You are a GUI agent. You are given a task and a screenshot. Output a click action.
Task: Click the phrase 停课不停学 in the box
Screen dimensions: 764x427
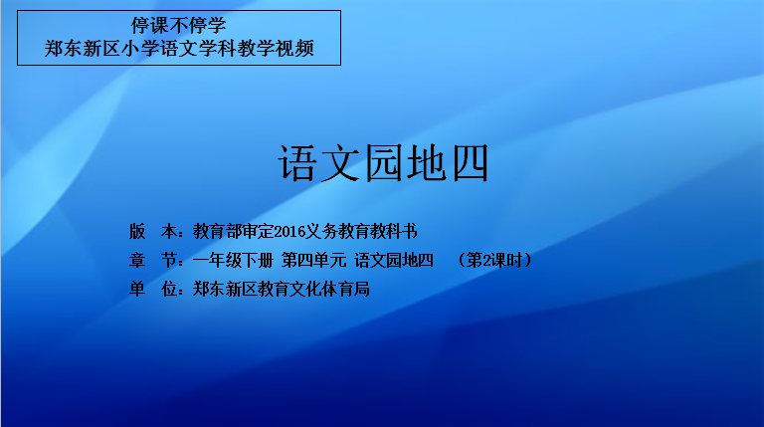[179, 25]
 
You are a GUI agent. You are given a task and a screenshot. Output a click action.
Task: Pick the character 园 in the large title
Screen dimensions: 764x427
[383, 163]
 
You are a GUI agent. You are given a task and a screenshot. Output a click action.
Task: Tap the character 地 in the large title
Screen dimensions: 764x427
[427, 163]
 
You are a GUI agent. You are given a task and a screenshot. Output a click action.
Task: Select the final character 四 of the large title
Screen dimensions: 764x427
[471, 163]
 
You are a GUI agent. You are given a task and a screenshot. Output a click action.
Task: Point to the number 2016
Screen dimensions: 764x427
[289, 232]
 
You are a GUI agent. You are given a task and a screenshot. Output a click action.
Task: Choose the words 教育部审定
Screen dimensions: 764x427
[234, 231]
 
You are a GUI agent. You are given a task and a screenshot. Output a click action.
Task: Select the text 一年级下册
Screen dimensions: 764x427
[233, 261]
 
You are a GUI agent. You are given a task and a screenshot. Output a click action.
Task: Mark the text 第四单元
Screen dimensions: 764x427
[313, 261]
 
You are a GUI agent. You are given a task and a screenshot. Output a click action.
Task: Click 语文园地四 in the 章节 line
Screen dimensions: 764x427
[394, 261]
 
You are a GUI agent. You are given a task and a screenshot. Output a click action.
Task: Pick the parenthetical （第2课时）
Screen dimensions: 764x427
[494, 261]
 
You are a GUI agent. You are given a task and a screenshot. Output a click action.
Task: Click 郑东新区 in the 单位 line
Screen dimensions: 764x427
[225, 289]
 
